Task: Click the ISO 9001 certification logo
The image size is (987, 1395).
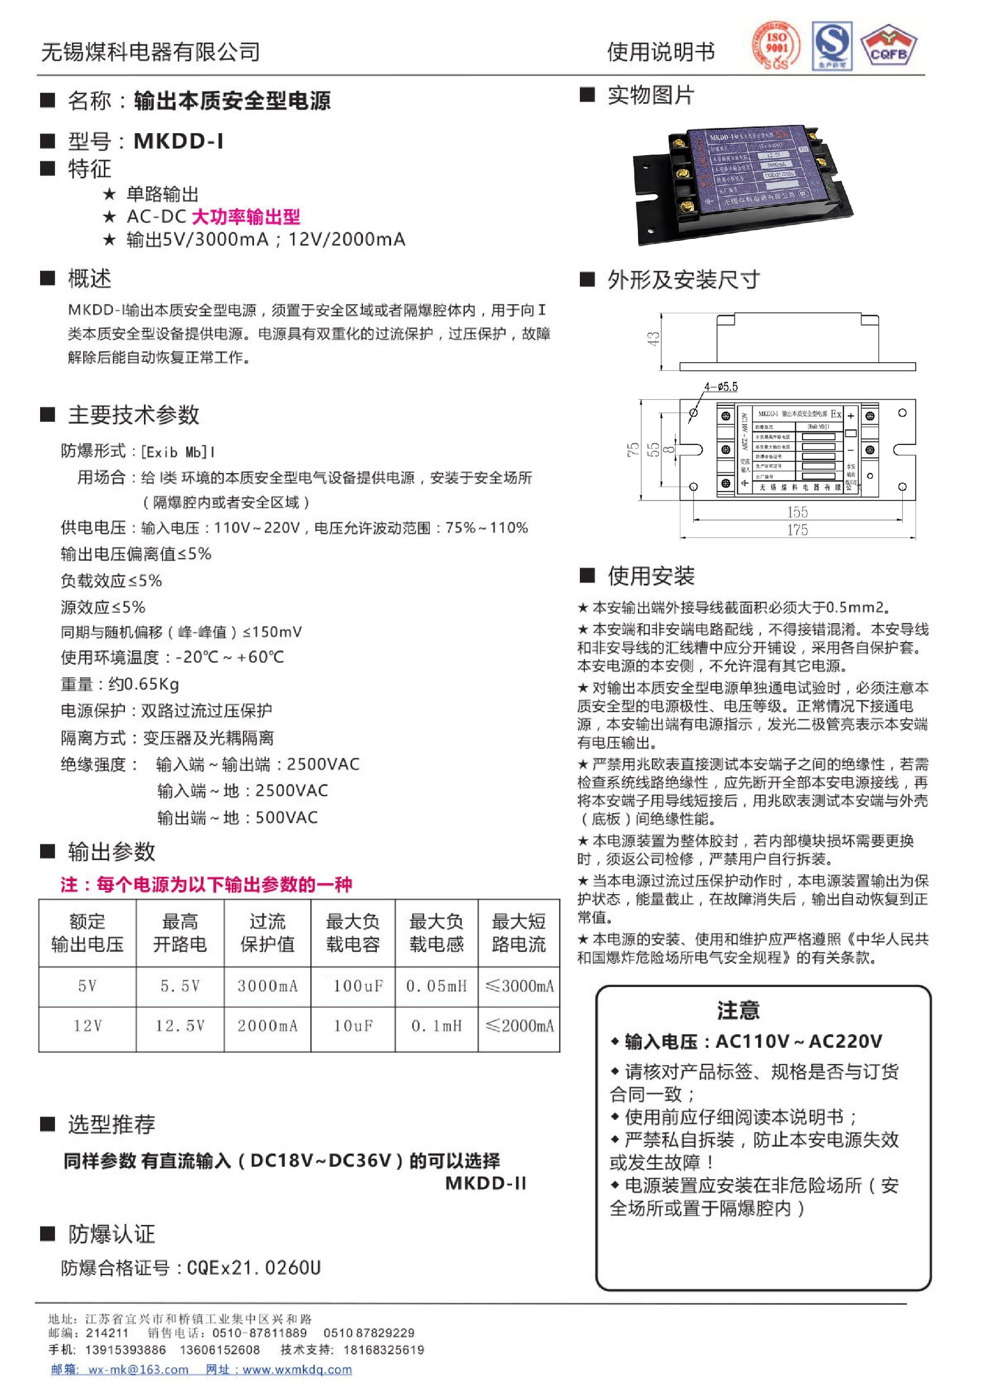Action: pyautogui.click(x=776, y=46)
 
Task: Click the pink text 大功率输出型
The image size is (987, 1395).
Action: pyautogui.click(x=246, y=217)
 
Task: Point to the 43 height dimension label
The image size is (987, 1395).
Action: pyautogui.click(x=653, y=339)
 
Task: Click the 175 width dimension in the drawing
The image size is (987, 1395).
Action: pyautogui.click(x=797, y=530)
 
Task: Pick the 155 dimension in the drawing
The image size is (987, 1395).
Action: pyautogui.click(x=797, y=512)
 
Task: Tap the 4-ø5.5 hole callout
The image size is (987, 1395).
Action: pyautogui.click(x=721, y=386)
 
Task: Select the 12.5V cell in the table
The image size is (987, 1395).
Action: pyautogui.click(x=180, y=1026)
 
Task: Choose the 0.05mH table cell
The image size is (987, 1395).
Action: pyautogui.click(x=436, y=985)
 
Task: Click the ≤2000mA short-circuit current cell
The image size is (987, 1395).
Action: pyautogui.click(x=520, y=1026)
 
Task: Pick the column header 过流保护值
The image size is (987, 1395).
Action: pyautogui.click(x=267, y=933)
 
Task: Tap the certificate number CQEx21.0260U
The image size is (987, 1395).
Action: pyautogui.click(x=253, y=1268)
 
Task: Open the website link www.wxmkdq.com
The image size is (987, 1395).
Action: pyautogui.click(x=297, y=1369)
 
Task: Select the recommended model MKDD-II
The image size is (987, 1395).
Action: pyautogui.click(x=486, y=1183)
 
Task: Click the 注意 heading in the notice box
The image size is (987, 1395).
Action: pyautogui.click(x=738, y=1010)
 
